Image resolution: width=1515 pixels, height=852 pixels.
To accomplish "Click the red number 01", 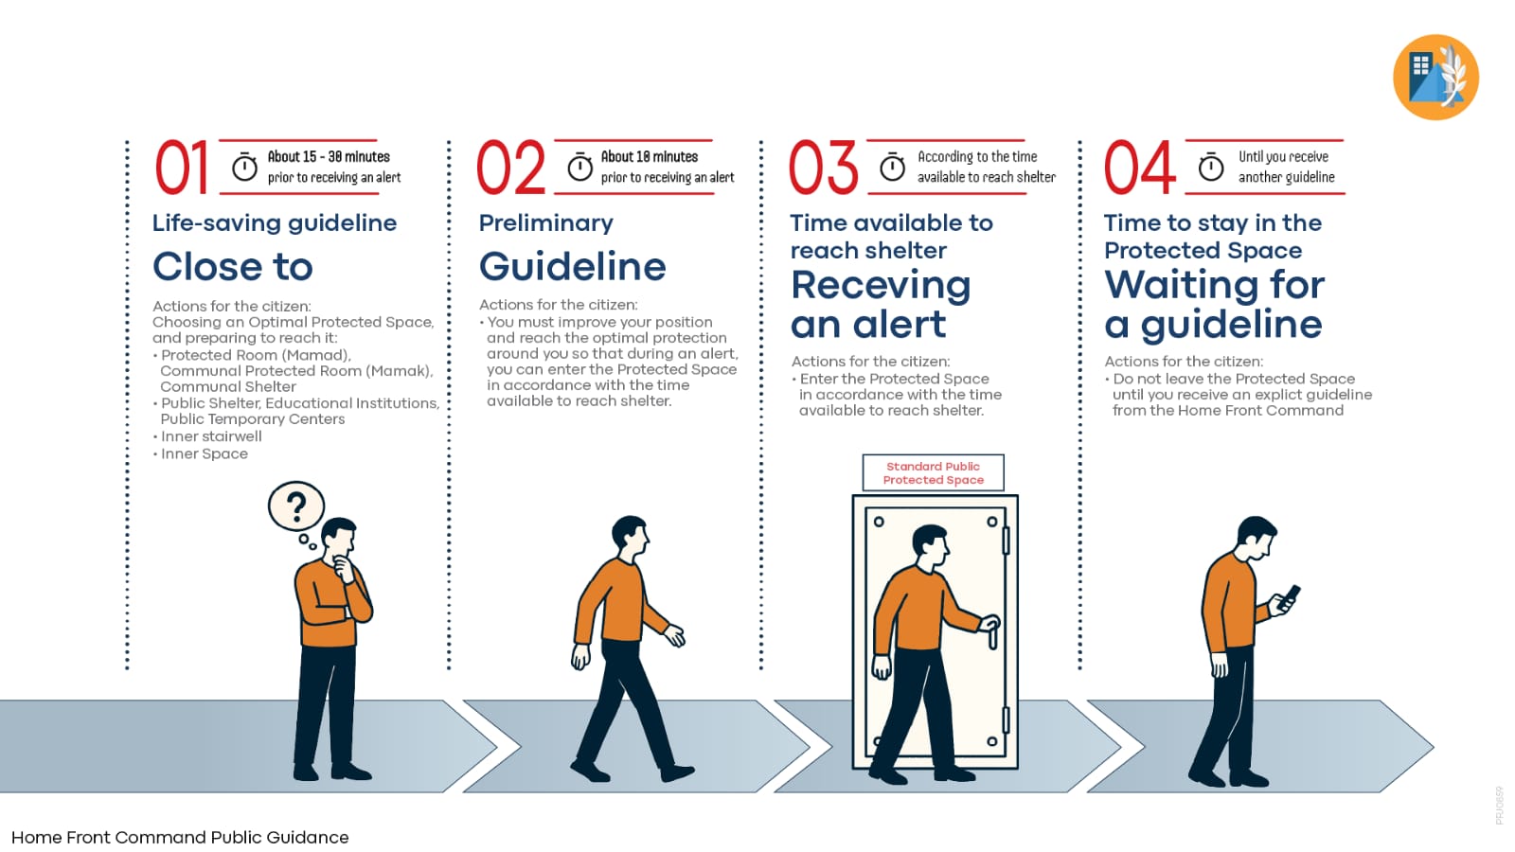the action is pos(181,167).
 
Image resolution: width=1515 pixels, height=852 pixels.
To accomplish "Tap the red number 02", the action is pos(510,167).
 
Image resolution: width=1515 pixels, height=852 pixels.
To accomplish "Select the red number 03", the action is pos(823,167).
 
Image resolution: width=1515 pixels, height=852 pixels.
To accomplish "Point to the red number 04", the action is pos(1140,167).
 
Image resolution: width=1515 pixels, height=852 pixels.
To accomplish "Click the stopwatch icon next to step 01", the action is pos(244,167).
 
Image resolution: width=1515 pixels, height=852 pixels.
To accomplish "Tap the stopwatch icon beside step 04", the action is pos(1211,167).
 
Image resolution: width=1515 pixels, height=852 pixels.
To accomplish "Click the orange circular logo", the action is pos(1435,77).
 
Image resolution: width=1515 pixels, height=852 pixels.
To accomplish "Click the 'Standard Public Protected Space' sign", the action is pos(934,472).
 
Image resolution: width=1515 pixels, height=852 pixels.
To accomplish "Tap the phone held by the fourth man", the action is pos(1290,597).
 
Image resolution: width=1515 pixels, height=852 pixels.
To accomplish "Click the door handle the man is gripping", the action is pos(991,632).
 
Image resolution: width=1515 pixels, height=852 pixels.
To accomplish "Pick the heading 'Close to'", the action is pos(233,266).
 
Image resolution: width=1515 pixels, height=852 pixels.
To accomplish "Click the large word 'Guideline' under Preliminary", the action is pos(572,266).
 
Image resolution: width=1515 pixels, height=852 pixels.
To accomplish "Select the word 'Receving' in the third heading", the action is pos(881,285).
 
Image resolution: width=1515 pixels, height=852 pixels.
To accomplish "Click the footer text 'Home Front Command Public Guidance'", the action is pos(180,837).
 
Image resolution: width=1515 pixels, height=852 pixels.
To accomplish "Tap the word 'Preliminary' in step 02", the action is pos(545,223).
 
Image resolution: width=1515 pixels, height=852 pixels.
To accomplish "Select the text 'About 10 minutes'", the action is pos(650,157).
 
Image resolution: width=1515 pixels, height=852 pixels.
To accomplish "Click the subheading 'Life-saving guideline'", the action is pos(275,223).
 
